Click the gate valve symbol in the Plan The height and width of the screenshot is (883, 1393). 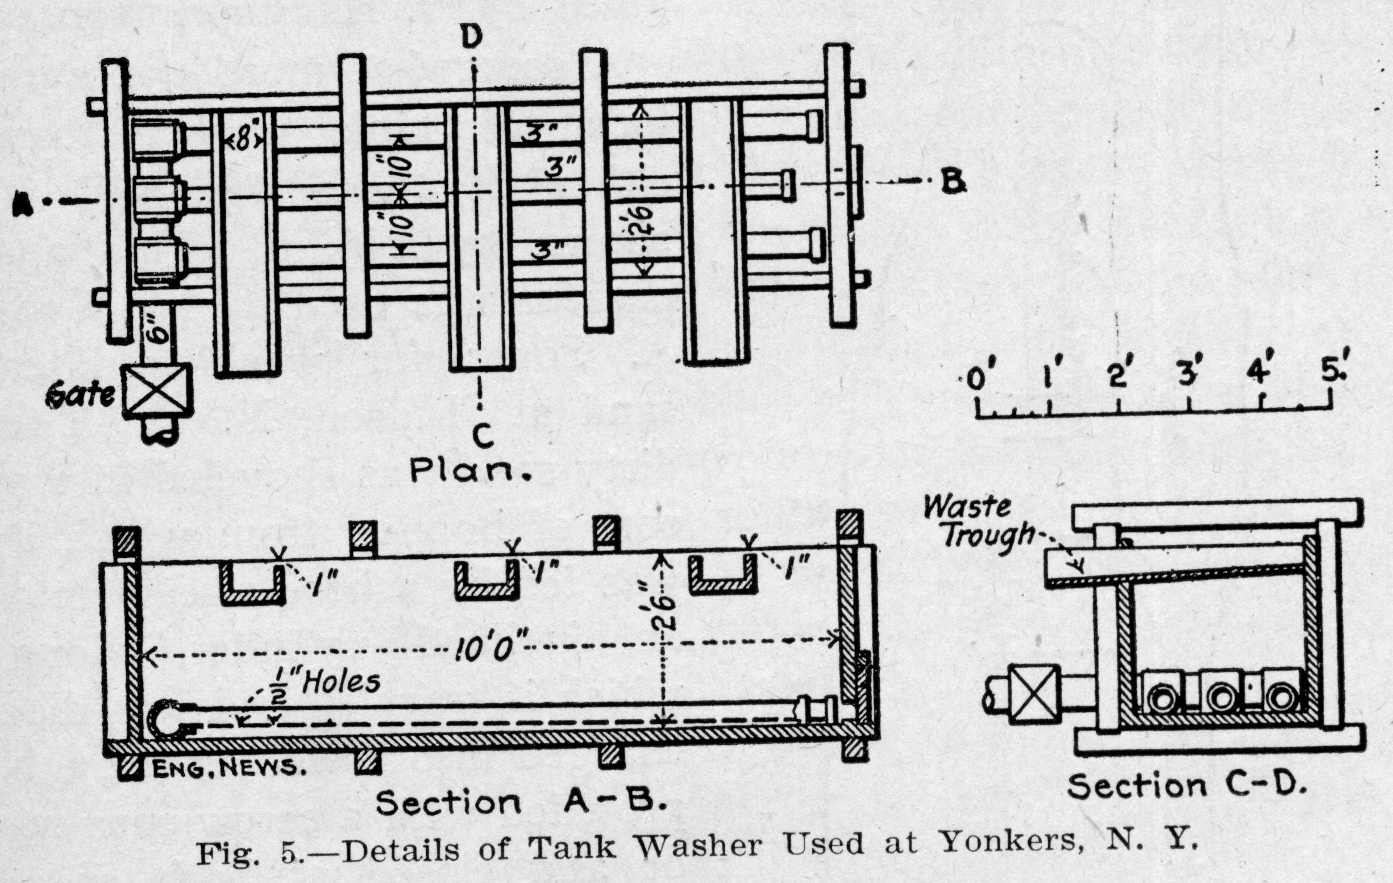[x=157, y=391]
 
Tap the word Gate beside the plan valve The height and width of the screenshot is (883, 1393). [x=80, y=395]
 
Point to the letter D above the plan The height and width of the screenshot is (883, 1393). [x=472, y=39]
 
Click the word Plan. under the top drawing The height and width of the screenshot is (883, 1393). [x=469, y=471]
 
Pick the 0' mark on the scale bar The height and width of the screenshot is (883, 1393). [x=976, y=379]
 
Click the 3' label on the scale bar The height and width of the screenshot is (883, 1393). [x=1189, y=374]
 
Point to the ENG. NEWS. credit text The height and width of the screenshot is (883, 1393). [x=228, y=768]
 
